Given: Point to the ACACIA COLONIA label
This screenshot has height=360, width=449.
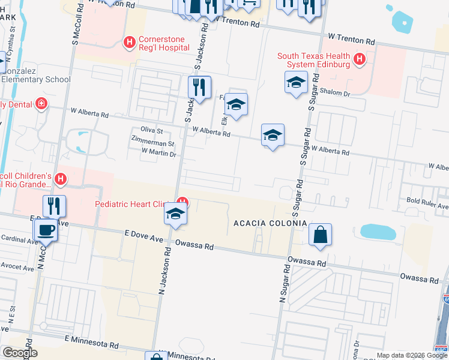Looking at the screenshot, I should [x=270, y=224].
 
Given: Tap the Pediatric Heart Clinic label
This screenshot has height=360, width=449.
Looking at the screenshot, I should [x=130, y=205].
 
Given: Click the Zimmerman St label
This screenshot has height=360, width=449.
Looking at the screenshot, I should [x=153, y=144].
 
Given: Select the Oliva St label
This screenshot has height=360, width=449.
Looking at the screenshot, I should [x=152, y=130].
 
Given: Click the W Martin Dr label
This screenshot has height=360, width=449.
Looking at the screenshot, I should [x=158, y=154].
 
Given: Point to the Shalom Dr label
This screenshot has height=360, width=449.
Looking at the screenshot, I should [x=337, y=94].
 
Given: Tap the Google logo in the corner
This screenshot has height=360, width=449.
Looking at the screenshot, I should [x=19, y=353].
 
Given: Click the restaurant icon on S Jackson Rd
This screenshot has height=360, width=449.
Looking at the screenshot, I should [x=199, y=88].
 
